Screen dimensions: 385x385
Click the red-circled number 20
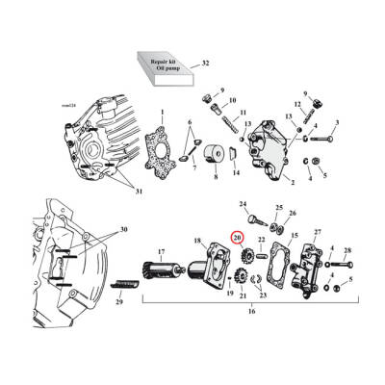coord(237,238)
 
